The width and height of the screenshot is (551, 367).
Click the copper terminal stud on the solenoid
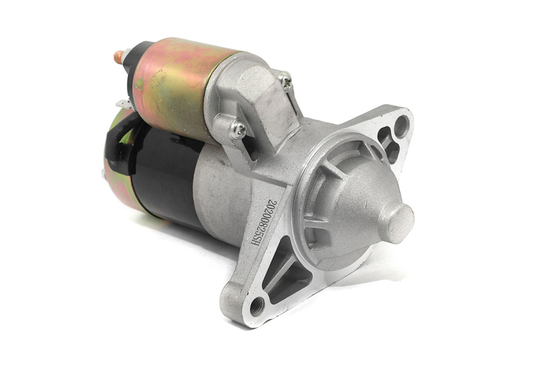point(119,57)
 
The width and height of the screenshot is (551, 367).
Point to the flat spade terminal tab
point(123,104)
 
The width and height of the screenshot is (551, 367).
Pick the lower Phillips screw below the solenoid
point(237,129)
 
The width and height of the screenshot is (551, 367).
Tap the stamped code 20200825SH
point(263,222)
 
